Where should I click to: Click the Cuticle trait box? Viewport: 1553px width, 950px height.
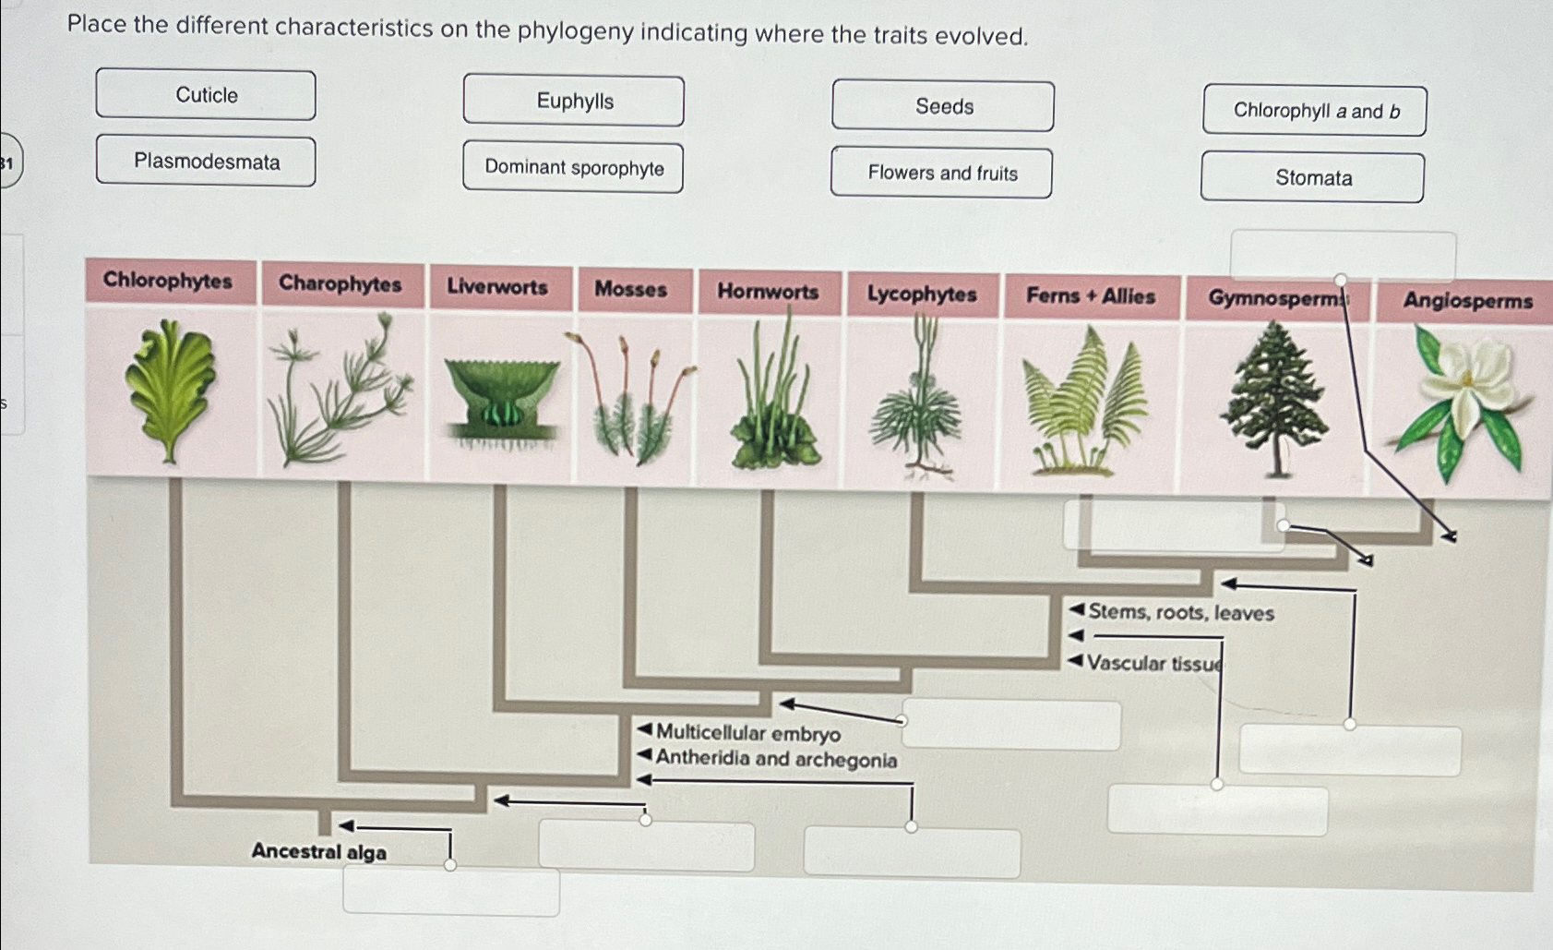(x=206, y=95)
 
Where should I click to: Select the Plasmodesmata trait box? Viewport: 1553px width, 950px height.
(x=206, y=162)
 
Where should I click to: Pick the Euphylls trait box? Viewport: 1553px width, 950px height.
(x=574, y=101)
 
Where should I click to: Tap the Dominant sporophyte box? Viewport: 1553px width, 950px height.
(x=573, y=167)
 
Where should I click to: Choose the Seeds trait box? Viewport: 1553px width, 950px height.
(x=943, y=106)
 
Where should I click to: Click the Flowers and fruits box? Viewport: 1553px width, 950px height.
(x=941, y=173)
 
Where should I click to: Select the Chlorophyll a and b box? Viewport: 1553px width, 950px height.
(x=1315, y=111)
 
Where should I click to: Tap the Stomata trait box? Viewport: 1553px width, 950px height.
(x=1312, y=177)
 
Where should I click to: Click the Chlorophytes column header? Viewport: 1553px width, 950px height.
(x=168, y=281)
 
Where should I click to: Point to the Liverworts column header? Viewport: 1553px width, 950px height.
(x=497, y=287)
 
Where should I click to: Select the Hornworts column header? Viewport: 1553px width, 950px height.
(x=768, y=292)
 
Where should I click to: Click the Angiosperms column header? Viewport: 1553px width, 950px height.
(x=1467, y=301)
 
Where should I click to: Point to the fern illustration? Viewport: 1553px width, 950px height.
(x=1087, y=402)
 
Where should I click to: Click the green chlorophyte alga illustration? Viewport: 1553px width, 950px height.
(x=171, y=388)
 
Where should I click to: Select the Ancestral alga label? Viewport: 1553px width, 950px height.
(x=318, y=851)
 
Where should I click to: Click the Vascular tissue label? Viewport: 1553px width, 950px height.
(x=1153, y=663)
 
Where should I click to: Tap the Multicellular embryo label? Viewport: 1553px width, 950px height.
(x=747, y=733)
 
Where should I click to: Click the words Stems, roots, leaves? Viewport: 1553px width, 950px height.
(x=1180, y=613)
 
